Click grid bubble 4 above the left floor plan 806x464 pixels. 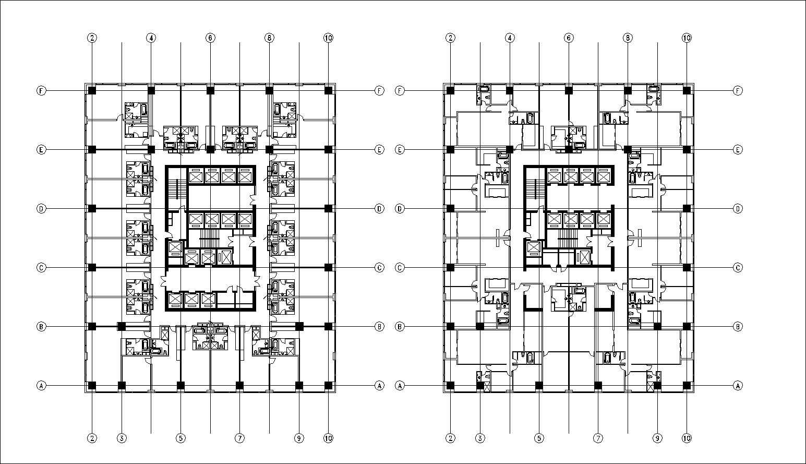(x=151, y=38)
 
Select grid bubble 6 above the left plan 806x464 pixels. (x=210, y=38)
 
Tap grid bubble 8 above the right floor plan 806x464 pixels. (x=628, y=38)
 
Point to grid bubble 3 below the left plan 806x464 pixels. (x=122, y=438)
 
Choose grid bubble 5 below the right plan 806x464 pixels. (x=539, y=438)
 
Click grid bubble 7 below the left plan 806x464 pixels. (x=240, y=438)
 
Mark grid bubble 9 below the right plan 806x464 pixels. (x=657, y=438)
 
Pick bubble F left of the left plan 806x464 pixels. (x=41, y=90)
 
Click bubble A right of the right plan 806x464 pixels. (x=738, y=386)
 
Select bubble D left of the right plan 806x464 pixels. (x=400, y=209)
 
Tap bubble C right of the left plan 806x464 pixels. (x=379, y=268)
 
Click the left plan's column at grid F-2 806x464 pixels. (x=92, y=90)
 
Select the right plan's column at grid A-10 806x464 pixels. (x=687, y=386)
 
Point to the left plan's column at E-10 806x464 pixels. (x=328, y=149)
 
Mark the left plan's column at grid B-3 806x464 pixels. (x=122, y=327)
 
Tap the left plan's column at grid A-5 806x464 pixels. (x=181, y=386)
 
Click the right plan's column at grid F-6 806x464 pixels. (x=569, y=90)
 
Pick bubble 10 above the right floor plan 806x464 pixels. (x=687, y=38)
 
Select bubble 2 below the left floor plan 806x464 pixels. (x=92, y=438)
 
